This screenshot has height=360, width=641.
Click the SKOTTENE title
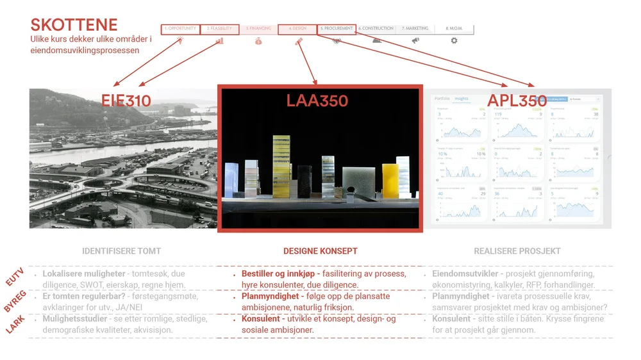coord(74,25)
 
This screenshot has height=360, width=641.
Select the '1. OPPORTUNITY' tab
coord(180,29)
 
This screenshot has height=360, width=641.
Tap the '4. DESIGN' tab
coord(297,29)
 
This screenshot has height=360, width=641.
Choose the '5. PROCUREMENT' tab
coord(337,29)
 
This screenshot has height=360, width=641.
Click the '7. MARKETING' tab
coord(415,29)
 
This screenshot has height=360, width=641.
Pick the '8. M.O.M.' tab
coord(454,29)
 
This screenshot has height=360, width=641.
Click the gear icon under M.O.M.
coord(454,40)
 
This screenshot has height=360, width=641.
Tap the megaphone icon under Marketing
coord(415,40)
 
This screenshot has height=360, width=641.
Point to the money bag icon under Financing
coord(258,41)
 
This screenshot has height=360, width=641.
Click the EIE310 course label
coord(126,100)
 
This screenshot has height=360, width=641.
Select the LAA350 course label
coord(317,101)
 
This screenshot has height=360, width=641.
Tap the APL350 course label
coord(517,101)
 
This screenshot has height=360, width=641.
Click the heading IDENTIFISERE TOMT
coord(121,251)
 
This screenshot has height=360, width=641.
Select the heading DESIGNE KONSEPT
coord(320,251)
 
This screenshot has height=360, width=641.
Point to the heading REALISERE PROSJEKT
coord(517,251)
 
